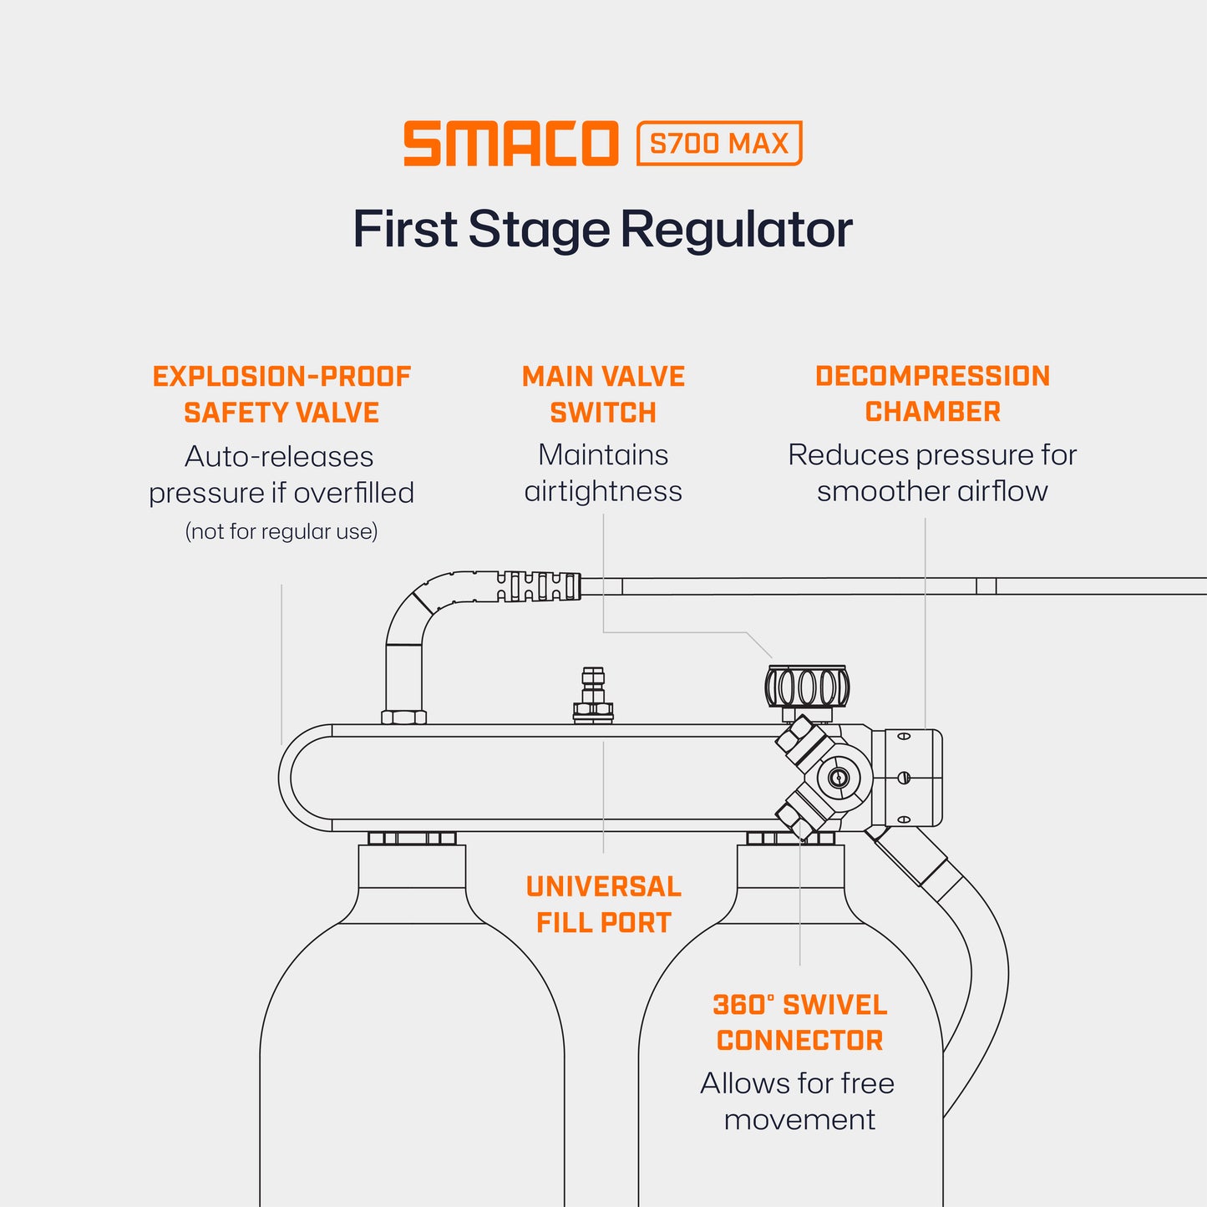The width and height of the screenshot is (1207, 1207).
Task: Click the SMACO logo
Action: pos(510,144)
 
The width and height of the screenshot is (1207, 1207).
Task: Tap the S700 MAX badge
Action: pos(718,144)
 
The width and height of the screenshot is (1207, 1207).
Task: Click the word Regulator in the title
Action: pos(736,230)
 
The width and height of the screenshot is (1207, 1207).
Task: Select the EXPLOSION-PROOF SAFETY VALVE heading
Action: pos(281,394)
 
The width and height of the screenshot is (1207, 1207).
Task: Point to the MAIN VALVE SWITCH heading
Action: pos(603,394)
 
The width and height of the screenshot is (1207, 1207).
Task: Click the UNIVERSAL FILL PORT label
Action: pos(603,905)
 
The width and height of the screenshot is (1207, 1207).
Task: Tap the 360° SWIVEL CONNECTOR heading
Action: pos(799,1022)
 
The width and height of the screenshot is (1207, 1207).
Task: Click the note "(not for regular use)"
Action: pos(281,531)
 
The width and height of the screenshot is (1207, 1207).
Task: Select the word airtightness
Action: pos(603,491)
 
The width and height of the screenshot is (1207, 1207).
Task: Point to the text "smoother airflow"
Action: pos(932,491)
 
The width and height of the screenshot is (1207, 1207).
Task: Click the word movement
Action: pos(799,1119)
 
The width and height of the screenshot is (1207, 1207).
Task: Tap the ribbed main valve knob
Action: pos(807,687)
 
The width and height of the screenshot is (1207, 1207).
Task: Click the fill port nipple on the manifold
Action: pos(593,692)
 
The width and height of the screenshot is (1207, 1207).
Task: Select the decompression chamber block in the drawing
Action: pos(906,778)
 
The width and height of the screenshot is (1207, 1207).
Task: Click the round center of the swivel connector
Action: pos(839,778)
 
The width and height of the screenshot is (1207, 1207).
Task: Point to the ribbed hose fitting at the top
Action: pos(539,586)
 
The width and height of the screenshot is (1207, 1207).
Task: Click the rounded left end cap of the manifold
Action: pos(305,778)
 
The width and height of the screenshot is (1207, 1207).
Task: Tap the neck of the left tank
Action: pos(412,865)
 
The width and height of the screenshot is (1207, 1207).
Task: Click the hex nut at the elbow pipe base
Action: pos(403,717)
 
